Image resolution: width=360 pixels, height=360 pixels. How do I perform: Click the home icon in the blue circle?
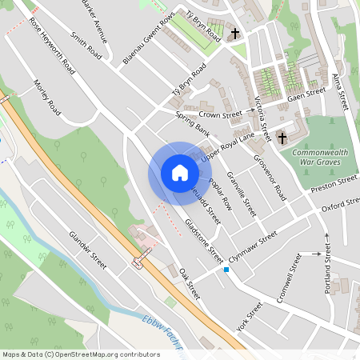[179, 173]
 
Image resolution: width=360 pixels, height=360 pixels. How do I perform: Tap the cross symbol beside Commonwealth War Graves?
[282, 138]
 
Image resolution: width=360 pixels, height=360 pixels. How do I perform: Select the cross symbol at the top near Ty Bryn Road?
[235, 34]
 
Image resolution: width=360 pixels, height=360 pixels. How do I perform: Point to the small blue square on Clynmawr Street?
[226, 270]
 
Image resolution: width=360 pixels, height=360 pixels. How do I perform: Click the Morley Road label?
[48, 95]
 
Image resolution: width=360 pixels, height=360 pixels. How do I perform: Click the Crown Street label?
[220, 115]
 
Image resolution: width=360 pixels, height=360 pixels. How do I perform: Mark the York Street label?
[250, 317]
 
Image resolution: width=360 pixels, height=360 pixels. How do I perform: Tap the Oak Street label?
[188, 285]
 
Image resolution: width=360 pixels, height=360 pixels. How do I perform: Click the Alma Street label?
[341, 89]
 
